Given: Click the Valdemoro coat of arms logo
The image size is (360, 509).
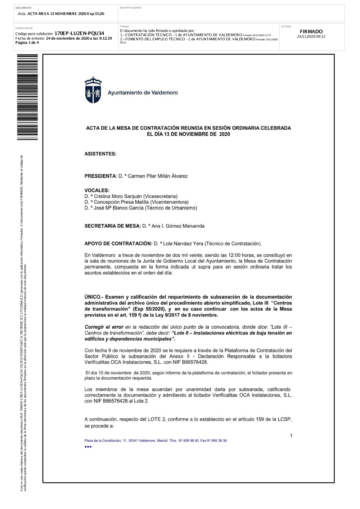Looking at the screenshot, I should (93, 90).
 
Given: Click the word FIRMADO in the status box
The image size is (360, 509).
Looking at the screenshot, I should (311, 32).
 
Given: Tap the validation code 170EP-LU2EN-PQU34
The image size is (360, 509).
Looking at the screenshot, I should (79, 33).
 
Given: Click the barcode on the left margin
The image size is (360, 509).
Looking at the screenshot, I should (27, 97).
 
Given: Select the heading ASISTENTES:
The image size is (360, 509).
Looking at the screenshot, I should (100, 154).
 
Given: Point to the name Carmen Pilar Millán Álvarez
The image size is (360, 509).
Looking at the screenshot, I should (158, 176).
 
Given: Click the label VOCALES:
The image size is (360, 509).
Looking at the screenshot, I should (97, 190).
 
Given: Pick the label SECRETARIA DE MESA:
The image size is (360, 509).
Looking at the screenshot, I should (112, 226).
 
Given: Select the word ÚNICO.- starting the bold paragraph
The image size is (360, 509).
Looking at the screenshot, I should (94, 297).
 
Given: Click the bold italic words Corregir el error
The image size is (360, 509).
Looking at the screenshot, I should (104, 327).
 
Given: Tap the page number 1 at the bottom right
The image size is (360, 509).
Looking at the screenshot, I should (291, 436).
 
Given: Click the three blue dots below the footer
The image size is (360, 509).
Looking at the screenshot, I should (88, 447).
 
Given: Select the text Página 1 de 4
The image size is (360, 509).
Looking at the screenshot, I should (27, 42).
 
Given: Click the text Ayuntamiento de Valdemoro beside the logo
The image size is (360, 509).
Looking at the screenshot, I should (143, 93).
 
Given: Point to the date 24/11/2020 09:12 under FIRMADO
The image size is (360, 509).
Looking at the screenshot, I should (311, 37).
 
